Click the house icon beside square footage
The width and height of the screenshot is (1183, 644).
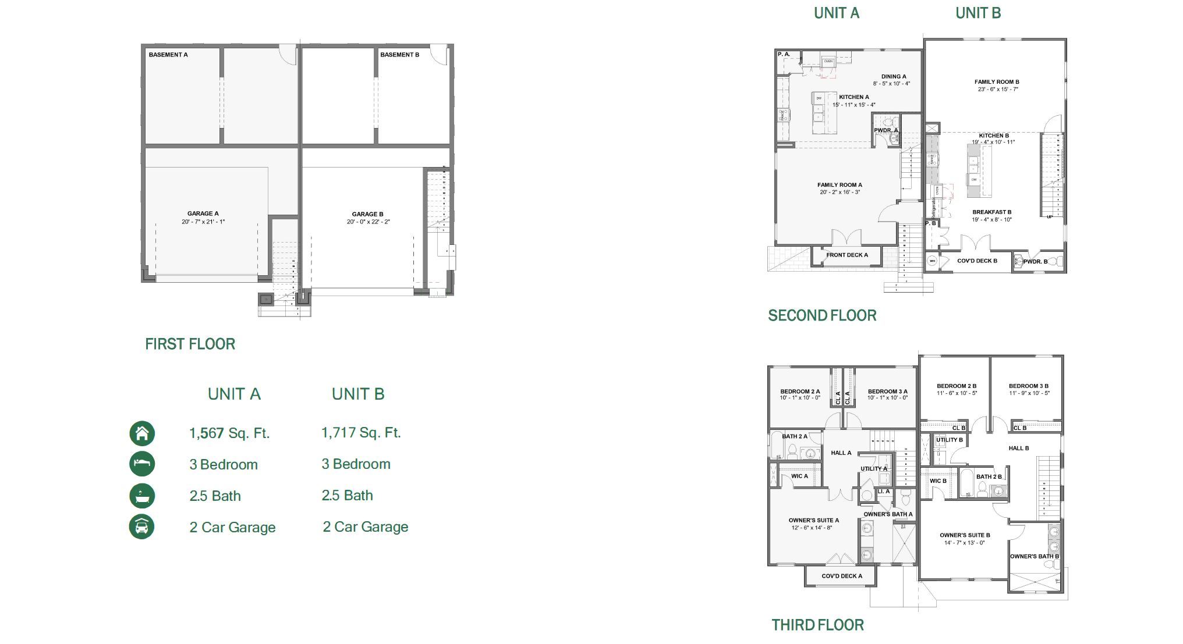142,433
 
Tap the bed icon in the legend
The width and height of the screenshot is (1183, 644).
142,464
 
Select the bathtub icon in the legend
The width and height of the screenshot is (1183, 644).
142,496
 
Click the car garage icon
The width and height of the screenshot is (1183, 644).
142,527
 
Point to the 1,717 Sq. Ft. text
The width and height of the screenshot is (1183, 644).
361,433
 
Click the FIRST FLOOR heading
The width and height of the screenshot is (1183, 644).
190,344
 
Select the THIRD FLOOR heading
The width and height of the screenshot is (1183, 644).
817,625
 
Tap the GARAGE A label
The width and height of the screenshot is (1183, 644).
203,214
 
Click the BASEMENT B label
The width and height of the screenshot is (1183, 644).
399,55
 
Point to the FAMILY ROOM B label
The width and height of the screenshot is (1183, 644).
997,82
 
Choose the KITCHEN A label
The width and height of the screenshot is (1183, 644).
853,97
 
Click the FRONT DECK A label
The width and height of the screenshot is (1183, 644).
846,255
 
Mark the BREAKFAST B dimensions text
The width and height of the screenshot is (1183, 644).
991,220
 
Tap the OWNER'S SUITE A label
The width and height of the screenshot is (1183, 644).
813,521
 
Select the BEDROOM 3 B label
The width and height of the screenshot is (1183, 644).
1028,386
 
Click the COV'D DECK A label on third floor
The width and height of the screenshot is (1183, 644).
841,576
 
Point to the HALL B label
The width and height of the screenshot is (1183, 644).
1018,448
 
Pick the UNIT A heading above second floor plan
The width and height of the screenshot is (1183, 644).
836,13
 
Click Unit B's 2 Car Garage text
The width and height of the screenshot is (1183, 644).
365,527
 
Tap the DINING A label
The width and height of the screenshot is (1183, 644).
893,76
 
